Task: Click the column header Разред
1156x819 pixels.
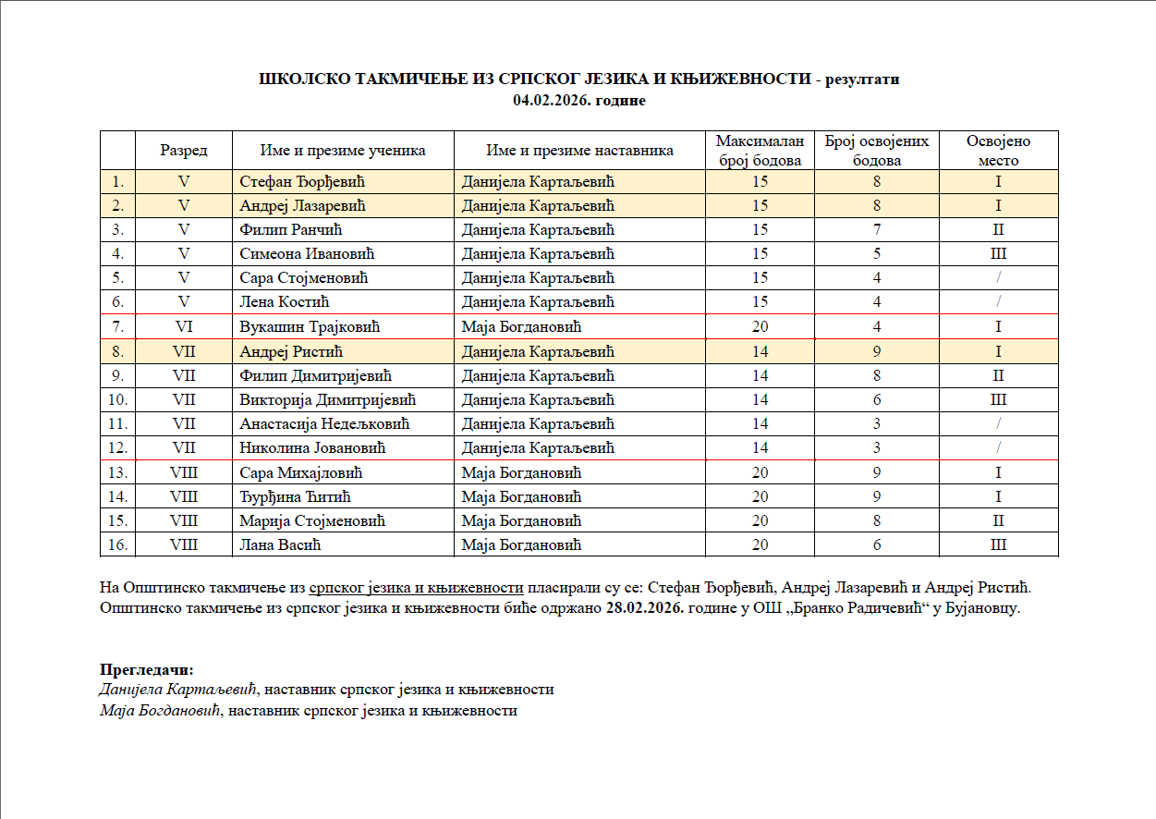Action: click(x=183, y=151)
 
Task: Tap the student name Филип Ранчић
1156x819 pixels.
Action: click(x=285, y=229)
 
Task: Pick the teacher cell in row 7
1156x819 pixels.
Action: click(x=521, y=326)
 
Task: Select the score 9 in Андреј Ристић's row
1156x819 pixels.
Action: click(x=876, y=351)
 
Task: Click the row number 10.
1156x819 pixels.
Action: click(x=117, y=399)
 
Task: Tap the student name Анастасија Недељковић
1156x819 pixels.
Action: click(x=324, y=423)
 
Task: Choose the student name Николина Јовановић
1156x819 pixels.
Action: click(x=312, y=448)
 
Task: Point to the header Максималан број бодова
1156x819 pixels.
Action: click(x=760, y=151)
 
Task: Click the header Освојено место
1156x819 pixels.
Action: click(x=998, y=151)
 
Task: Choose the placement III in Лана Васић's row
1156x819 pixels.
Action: click(x=998, y=544)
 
